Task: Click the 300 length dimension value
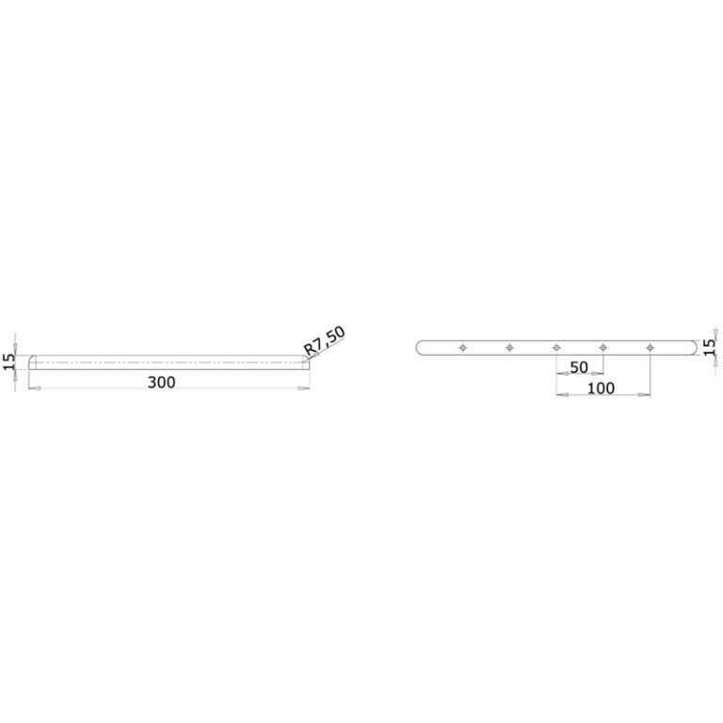coord(161,382)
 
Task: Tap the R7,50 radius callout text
coord(324,341)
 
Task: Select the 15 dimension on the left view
coord(8,361)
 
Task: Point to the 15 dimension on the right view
coord(710,346)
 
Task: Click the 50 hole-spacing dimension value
coord(579,367)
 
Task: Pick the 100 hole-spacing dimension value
coord(601,388)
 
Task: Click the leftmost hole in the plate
coord(463,347)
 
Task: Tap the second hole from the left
coord(509,347)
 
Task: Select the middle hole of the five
coord(556,347)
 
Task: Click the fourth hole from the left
coord(603,347)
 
